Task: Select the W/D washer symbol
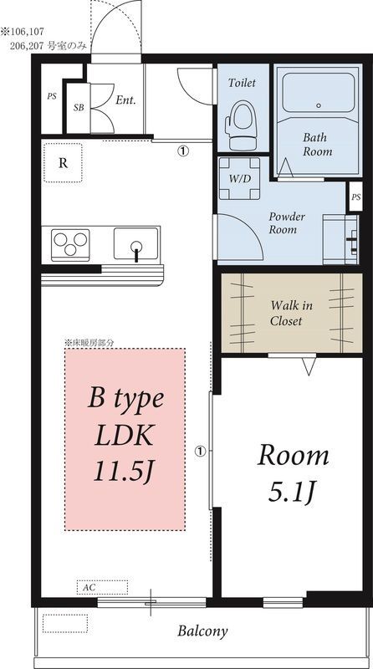tap(239, 178)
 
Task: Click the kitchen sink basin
tap(136, 243)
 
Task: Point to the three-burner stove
tap(70, 245)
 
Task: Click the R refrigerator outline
tap(63, 163)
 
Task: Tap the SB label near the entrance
tap(79, 108)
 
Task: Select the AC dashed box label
tap(89, 588)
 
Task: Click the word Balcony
tap(202, 631)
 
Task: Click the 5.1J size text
tap(292, 494)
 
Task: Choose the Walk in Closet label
tap(292, 313)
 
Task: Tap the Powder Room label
tap(287, 222)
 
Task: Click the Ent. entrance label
tap(125, 100)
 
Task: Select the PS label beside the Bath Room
tap(356, 197)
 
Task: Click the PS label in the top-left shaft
tap(52, 96)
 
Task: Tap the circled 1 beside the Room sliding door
tap(201, 451)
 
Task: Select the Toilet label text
tap(242, 82)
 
